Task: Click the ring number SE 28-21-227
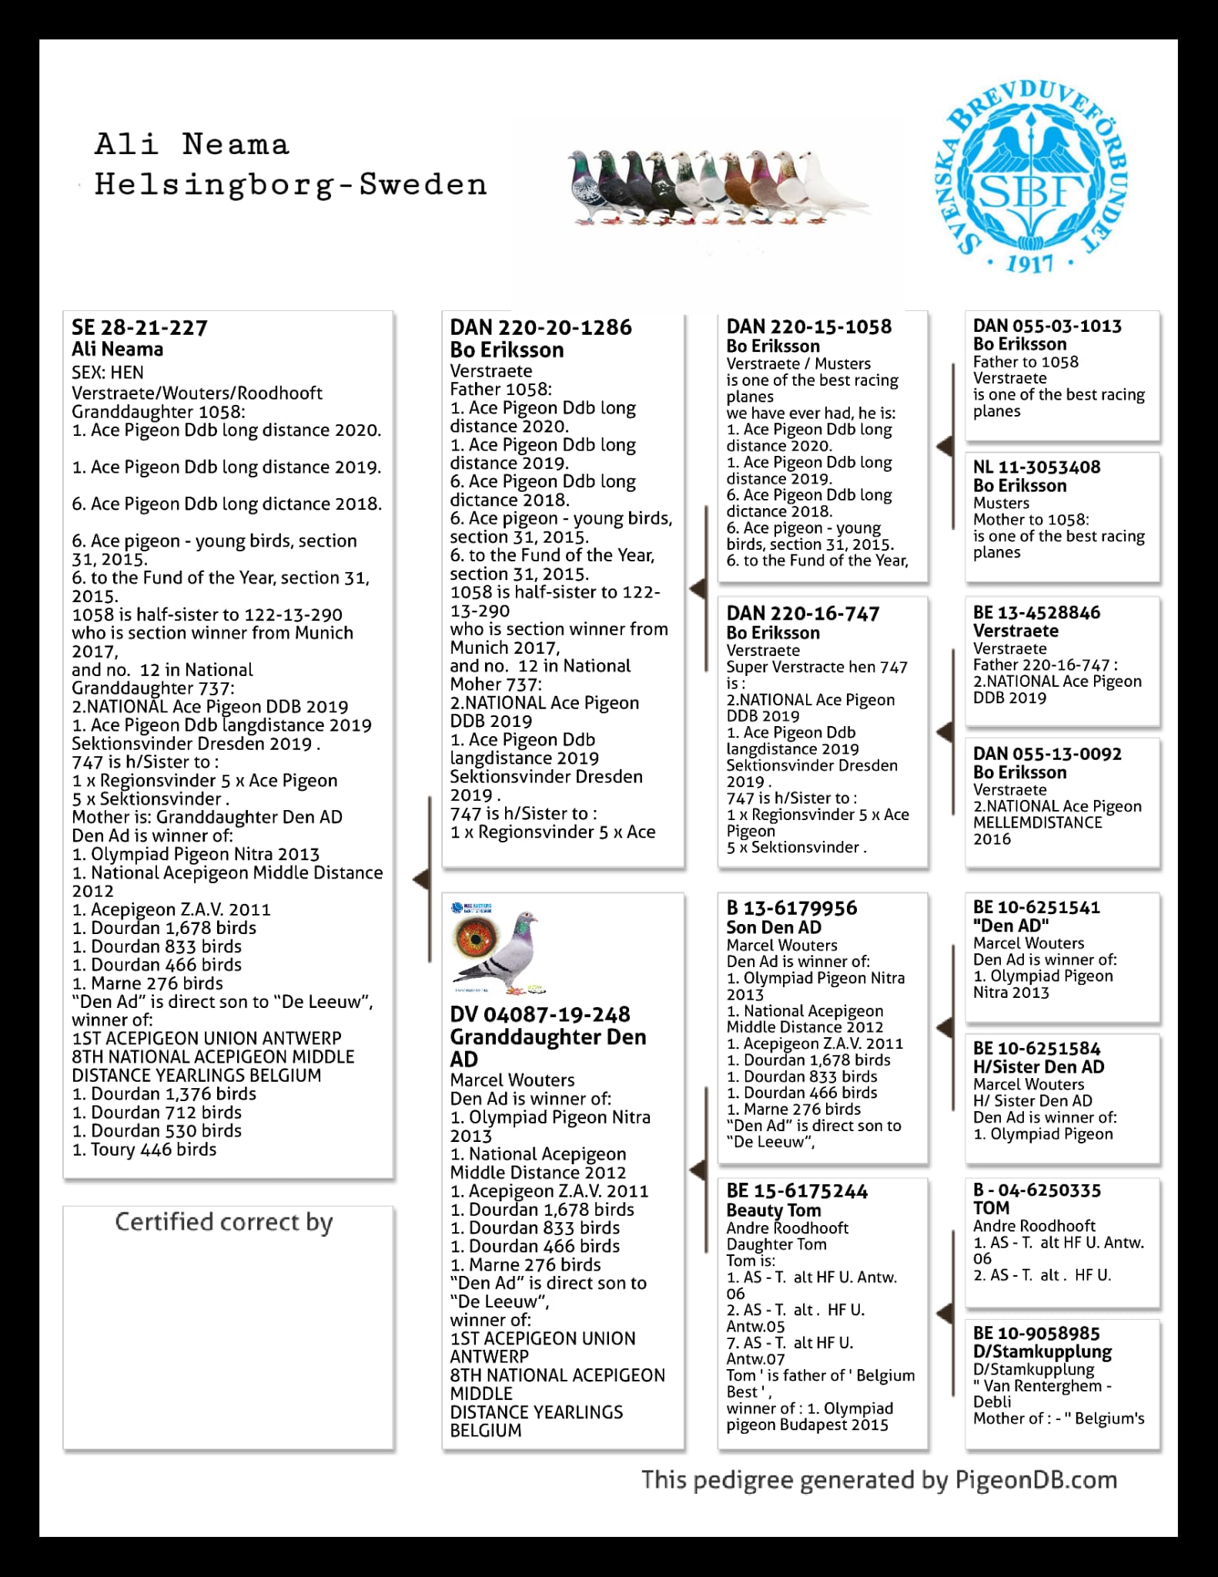[139, 328]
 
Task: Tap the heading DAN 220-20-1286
[540, 328]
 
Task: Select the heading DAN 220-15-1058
[809, 326]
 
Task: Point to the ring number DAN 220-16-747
[803, 614]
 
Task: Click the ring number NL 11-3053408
[1036, 467]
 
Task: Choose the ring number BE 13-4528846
[1036, 613]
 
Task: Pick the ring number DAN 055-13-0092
[1047, 754]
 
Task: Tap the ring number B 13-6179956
[791, 909]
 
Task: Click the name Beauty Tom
[774, 1210]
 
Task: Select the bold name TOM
[991, 1208]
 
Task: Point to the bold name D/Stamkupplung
[1042, 1352]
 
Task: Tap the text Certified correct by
[223, 1222]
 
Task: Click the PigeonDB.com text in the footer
[1036, 1480]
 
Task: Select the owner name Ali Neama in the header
[192, 145]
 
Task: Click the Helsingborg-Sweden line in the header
[290, 185]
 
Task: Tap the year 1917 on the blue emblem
[1030, 264]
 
